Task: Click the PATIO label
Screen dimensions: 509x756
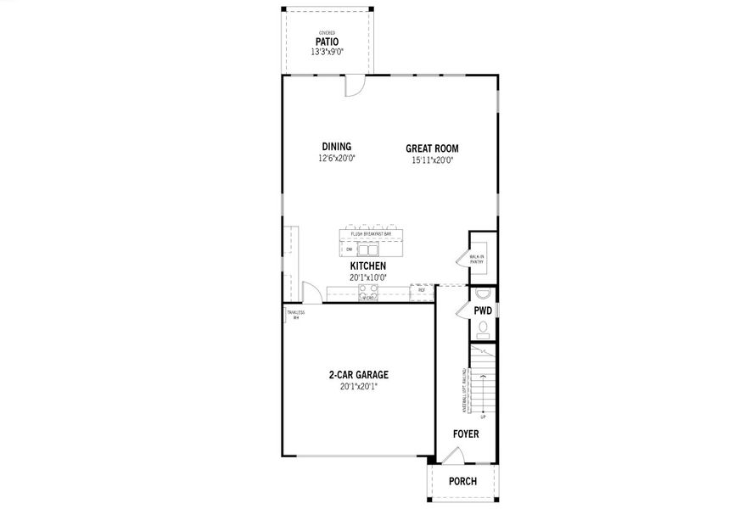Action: click(x=327, y=41)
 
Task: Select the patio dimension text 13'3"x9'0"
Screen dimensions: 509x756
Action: click(x=327, y=52)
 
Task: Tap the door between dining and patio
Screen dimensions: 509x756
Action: click(x=354, y=84)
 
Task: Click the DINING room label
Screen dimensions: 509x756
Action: click(x=336, y=147)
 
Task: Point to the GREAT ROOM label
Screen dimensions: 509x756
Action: click(x=432, y=148)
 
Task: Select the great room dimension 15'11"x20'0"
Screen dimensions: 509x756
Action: click(x=432, y=159)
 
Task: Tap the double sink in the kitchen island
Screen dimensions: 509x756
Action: click(x=368, y=249)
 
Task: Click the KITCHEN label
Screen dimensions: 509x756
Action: click(x=368, y=266)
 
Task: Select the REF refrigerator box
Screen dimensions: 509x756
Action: click(x=422, y=290)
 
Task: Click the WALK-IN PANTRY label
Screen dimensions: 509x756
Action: click(x=477, y=260)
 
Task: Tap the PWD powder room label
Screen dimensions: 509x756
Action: click(x=483, y=311)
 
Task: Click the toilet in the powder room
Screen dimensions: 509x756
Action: click(x=483, y=328)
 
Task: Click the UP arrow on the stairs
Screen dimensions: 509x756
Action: click(x=483, y=417)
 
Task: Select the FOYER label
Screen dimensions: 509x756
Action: click(x=465, y=434)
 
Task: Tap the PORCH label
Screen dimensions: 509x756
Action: click(x=462, y=481)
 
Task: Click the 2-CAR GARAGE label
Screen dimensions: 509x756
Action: click(x=359, y=374)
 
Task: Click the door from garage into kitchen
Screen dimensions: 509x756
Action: click(x=312, y=294)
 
